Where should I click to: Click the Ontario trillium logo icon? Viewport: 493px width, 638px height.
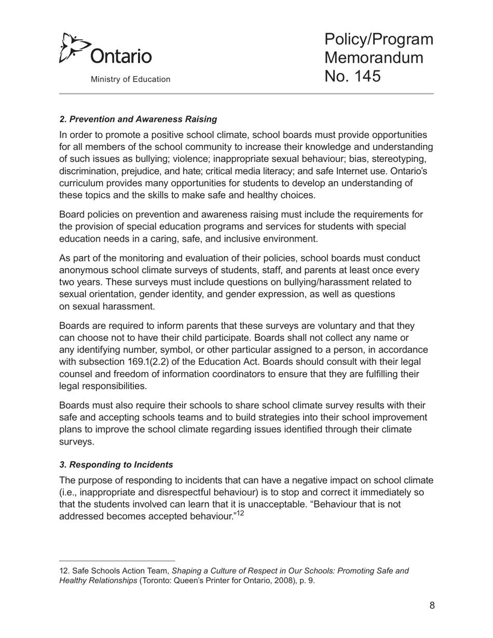72,48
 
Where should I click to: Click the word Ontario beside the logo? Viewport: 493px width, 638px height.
121,56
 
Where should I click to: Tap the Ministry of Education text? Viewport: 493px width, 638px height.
130,79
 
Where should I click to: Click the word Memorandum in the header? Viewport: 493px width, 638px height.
374,58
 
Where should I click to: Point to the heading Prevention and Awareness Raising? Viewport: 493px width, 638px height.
138,119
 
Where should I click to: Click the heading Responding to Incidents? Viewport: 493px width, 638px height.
116,464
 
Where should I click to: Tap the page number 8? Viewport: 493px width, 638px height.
432,605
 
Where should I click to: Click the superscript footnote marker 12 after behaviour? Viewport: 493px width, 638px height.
240,514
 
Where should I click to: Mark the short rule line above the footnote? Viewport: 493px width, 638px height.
117,561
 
